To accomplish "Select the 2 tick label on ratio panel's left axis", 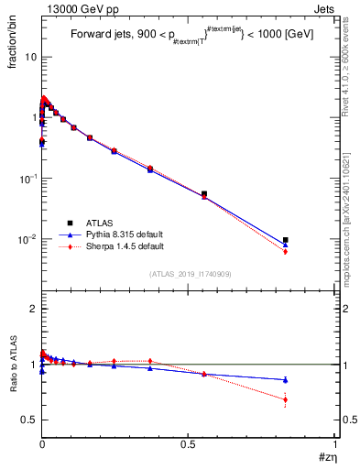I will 34,310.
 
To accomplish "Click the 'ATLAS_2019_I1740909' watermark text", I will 189,274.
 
